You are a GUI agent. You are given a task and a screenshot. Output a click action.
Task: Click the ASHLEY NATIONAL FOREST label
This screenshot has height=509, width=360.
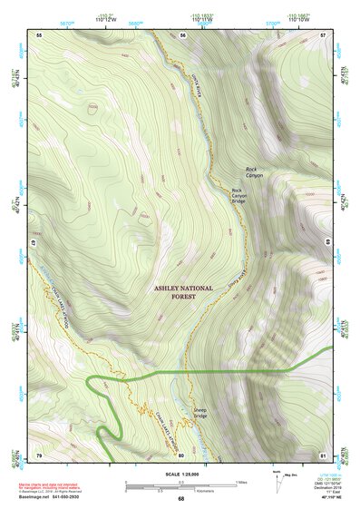tap(183, 291)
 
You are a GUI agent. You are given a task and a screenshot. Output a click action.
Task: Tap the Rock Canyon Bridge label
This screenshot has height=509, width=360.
tap(239, 195)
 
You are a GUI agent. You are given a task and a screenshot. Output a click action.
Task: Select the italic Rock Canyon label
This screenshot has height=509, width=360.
tap(254, 171)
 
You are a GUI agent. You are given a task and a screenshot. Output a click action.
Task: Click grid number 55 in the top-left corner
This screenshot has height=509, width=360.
tap(39, 34)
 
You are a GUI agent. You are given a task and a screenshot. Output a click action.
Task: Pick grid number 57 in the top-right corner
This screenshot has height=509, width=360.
tap(323, 34)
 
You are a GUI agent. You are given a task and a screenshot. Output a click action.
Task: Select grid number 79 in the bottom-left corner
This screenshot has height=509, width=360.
tap(39, 454)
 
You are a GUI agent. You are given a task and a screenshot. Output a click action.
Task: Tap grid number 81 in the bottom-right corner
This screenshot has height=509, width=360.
tap(323, 454)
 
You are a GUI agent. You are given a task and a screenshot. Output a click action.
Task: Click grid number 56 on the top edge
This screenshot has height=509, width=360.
tap(182, 34)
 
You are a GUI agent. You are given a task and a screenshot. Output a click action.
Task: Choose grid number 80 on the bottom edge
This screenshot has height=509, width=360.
tap(181, 454)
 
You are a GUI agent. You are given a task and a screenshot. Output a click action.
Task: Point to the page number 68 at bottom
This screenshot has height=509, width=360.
tap(181, 499)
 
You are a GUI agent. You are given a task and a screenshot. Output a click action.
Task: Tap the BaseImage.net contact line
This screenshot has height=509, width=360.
tap(56, 497)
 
